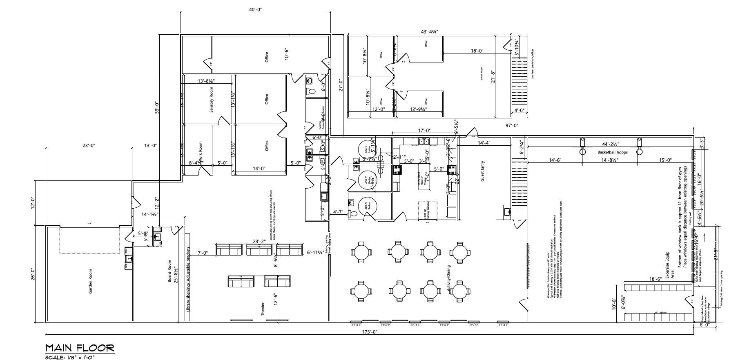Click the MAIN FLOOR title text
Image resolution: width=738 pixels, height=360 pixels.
coord(80,348)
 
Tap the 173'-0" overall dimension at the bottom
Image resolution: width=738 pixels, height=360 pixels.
coord(369,332)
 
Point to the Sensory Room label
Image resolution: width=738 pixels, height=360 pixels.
coord(212,100)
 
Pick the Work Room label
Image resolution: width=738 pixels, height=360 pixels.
coord(201,152)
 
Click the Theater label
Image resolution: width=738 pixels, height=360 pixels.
coord(263,309)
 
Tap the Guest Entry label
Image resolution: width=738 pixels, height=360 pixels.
coord(482,171)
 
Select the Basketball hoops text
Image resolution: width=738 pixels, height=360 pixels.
coord(612,152)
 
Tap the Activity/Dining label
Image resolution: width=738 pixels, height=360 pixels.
coord(448,277)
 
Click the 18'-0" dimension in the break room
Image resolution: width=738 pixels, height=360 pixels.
coord(477,51)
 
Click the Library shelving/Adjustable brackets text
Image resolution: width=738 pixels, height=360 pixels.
coord(188,279)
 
